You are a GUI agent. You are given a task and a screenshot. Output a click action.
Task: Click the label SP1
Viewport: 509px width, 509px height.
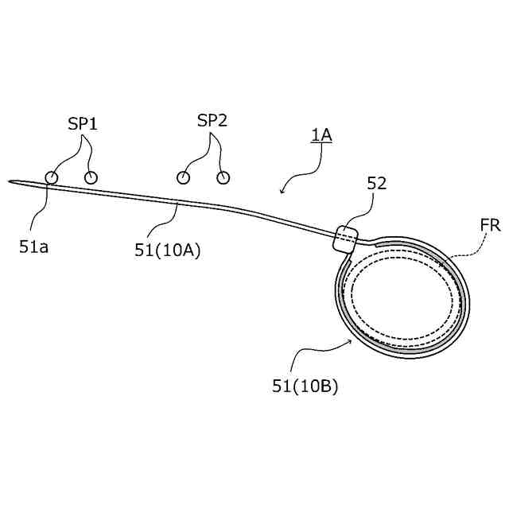point(82,124)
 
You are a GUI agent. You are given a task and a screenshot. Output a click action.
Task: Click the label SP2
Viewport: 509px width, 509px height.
point(212,121)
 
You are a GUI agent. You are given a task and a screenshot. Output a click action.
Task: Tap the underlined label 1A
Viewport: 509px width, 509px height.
point(321,135)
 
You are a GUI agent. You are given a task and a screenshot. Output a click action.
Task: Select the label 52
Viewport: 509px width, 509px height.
point(377,183)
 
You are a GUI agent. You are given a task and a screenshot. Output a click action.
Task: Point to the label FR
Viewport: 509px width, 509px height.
point(490,226)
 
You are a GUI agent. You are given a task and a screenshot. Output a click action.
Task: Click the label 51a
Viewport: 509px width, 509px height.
point(34,247)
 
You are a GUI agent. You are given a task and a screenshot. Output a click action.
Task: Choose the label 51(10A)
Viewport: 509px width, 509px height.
point(169,250)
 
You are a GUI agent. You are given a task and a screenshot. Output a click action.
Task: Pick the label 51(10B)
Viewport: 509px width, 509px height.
point(305,387)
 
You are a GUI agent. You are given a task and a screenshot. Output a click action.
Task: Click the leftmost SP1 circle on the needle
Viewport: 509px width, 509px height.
point(51,177)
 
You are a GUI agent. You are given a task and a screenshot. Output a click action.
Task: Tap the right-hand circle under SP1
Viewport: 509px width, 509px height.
point(91,177)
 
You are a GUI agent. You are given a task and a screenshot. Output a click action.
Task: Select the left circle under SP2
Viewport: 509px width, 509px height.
point(184,177)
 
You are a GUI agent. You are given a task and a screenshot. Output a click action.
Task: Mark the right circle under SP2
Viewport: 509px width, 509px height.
point(223,177)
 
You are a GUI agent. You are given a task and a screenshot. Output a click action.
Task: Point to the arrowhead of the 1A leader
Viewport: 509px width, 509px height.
point(282,192)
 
